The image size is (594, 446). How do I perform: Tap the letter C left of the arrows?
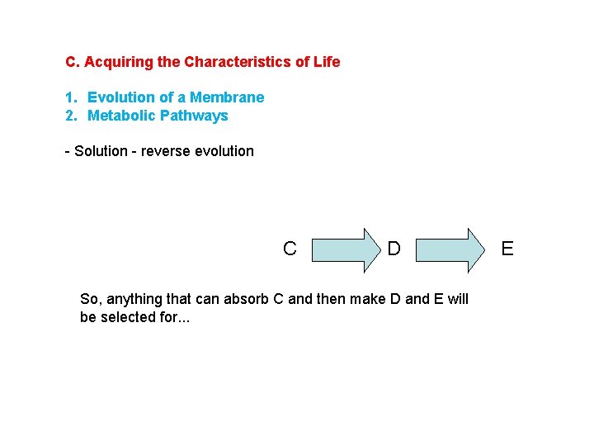(x=290, y=249)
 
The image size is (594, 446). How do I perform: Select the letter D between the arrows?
(x=394, y=249)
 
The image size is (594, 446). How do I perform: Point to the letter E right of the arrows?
(x=507, y=249)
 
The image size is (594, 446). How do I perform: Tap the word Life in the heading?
(x=326, y=62)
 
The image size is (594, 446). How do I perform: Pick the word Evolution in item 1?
(x=121, y=97)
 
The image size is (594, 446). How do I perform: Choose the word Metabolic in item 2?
(x=120, y=116)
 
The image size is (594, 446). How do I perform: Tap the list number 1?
(x=71, y=97)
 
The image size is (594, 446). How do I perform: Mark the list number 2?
(x=71, y=116)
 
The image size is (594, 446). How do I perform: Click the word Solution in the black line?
(x=101, y=151)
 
